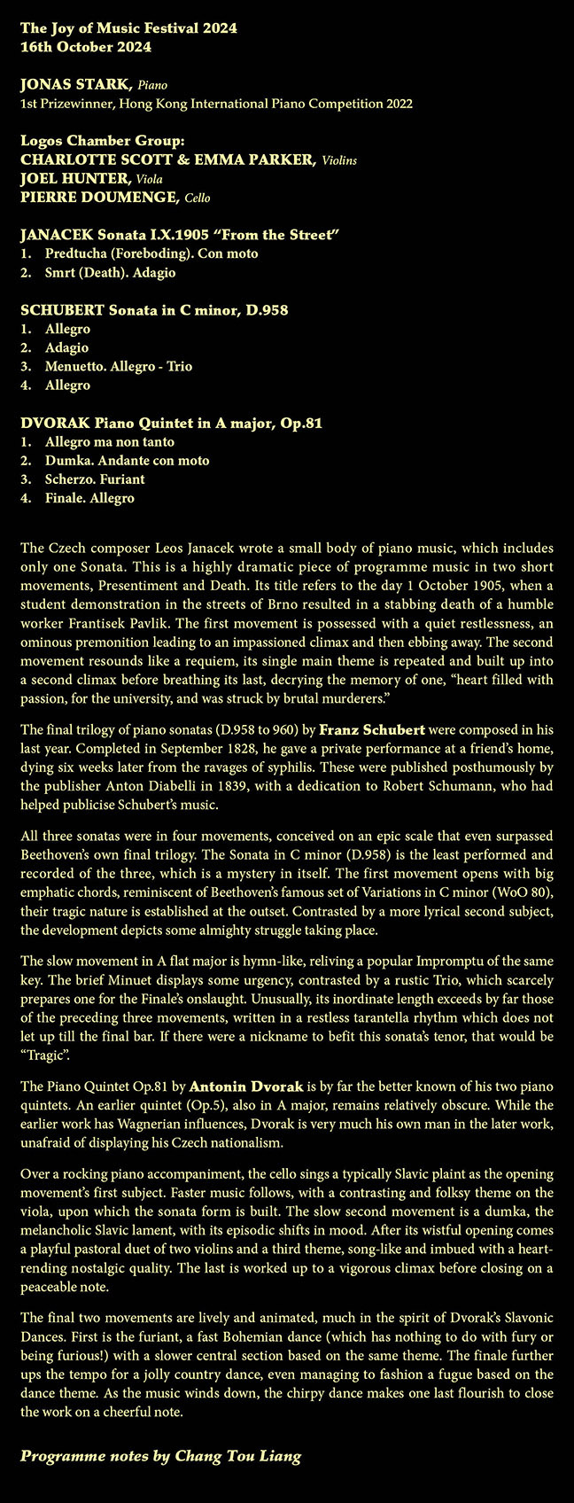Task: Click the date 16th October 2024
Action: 85,47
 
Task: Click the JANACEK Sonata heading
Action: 181,235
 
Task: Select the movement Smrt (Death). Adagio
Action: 110,273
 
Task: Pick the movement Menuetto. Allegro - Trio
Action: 118,367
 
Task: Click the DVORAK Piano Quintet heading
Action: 171,424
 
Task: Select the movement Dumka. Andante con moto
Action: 127,461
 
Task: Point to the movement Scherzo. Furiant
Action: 95,479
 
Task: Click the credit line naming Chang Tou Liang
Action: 161,1456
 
